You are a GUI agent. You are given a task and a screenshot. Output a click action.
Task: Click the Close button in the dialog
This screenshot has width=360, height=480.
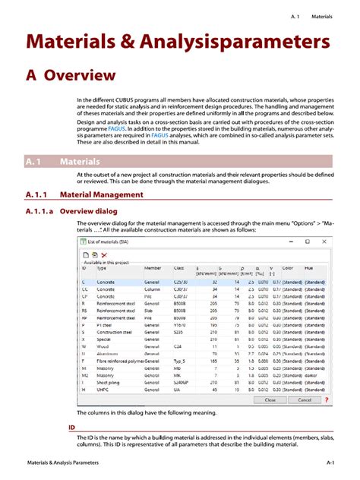pyautogui.click(x=270, y=399)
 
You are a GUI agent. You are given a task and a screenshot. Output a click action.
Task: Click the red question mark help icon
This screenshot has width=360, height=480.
pyautogui.click(x=327, y=399)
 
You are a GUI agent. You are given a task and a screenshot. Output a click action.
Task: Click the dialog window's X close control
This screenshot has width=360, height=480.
pyautogui.click(x=325, y=242)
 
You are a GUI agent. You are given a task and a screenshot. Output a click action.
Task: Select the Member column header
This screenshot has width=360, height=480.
pyautogui.click(x=153, y=268)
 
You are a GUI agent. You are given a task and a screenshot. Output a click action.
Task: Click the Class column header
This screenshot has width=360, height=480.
pyautogui.click(x=178, y=268)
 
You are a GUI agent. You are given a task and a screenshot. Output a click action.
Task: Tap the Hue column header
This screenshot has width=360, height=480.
pyautogui.click(x=310, y=268)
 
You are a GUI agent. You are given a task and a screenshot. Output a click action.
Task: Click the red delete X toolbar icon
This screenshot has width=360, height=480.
pyautogui.click(x=104, y=254)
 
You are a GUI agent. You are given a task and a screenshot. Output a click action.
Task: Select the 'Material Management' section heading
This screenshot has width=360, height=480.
pyautogui.click(x=100, y=194)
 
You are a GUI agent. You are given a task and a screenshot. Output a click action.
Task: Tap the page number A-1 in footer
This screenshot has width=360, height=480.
pyautogui.click(x=331, y=462)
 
